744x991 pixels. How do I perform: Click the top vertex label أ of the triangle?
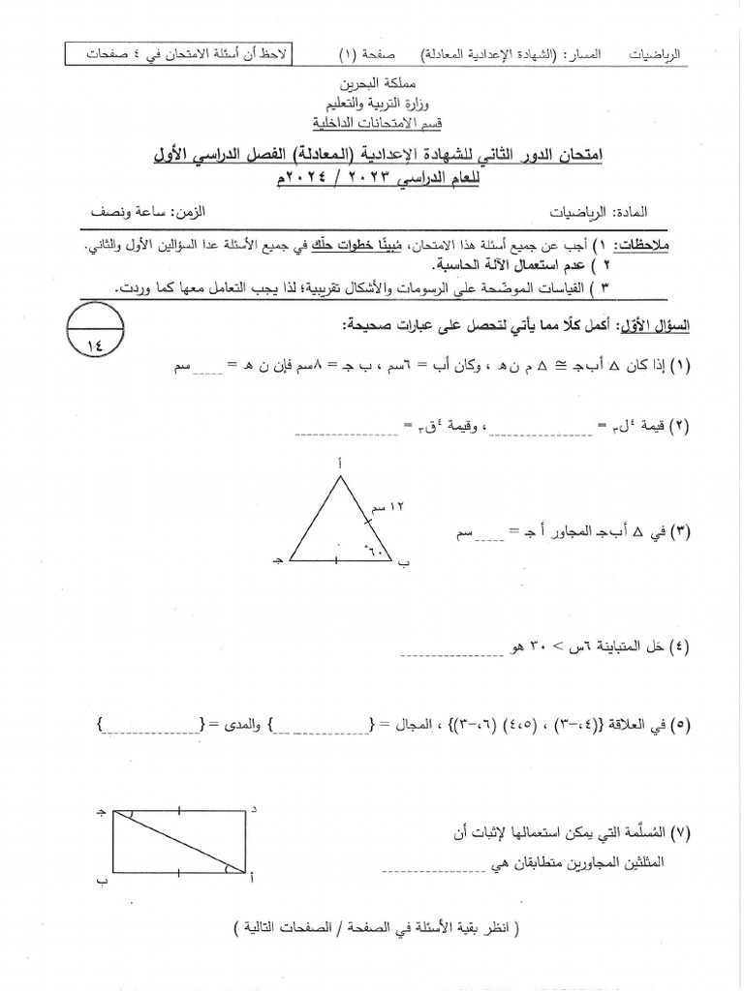339,465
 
